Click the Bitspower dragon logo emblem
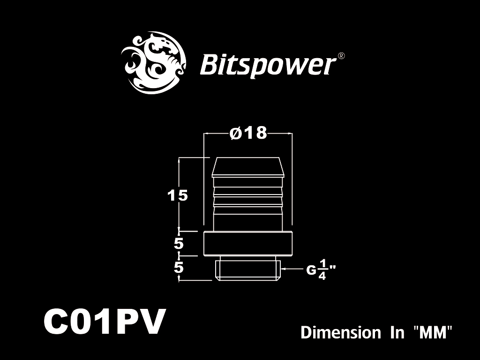click(154, 62)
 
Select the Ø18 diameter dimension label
click(248, 133)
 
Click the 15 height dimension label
click(178, 195)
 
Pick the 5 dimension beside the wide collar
click(179, 244)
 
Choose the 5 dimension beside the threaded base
click(179, 268)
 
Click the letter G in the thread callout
click(311, 270)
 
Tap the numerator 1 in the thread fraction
click(322, 263)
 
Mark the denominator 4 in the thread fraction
click(322, 276)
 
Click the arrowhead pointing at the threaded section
click(283, 269)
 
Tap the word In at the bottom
click(397, 333)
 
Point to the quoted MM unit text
click(433, 332)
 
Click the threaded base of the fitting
click(248, 269)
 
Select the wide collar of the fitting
click(248, 244)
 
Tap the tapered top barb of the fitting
click(248, 167)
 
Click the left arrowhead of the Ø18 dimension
click(207, 134)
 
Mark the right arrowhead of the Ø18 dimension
click(289, 134)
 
